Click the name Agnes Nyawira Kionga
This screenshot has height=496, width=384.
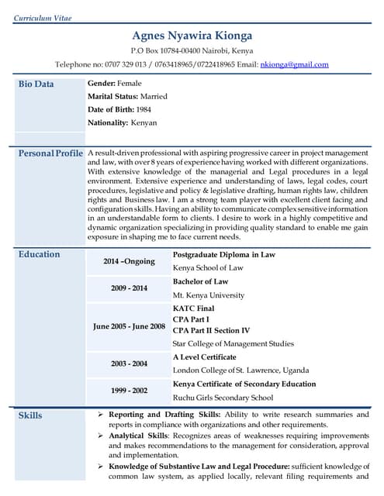coord(192,36)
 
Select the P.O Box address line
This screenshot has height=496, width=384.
coord(192,51)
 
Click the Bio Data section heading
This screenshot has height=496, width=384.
coord(36,84)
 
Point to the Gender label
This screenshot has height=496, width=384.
coord(102,83)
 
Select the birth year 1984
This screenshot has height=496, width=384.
coord(144,109)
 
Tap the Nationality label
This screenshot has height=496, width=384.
coord(108,122)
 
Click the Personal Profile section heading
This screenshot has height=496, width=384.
coord(50,153)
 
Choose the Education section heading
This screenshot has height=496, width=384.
coord(39,254)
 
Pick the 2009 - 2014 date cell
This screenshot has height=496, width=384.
coord(129,288)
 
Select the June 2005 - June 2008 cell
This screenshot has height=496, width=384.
coord(130,326)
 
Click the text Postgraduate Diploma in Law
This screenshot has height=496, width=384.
coord(223,255)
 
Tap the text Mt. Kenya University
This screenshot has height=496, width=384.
coord(208,295)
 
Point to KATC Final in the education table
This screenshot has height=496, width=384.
coord(194,308)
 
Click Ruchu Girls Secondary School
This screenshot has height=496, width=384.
coord(223,398)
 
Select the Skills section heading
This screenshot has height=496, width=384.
coord(30,415)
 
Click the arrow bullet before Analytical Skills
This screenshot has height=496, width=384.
coord(101,436)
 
